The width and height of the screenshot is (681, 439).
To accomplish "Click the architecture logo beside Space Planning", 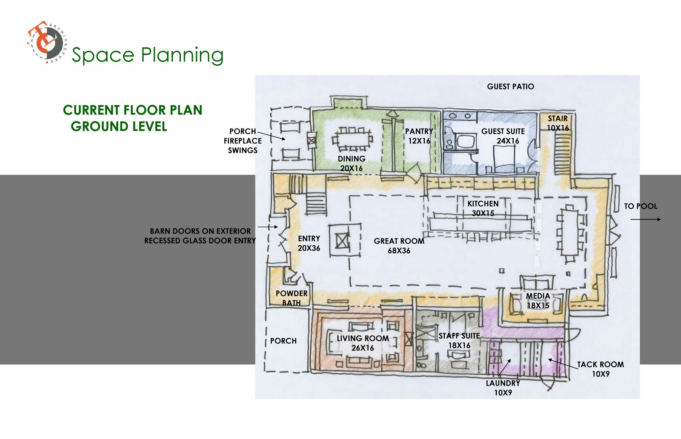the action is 47,42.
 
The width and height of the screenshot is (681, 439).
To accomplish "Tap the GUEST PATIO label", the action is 510,87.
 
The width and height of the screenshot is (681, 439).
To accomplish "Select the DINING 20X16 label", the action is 352,163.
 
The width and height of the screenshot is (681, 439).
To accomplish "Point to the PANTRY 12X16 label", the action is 419,136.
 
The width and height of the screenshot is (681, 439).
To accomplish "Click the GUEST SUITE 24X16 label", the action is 503,136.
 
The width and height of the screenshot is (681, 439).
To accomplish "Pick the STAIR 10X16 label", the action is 558,123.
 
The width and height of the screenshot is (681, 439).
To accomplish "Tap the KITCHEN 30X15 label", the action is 483,208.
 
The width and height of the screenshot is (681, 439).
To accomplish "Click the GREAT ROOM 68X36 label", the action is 399,246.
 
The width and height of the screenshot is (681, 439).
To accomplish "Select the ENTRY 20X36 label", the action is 309,243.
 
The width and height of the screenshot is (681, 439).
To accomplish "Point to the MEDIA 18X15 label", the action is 538,301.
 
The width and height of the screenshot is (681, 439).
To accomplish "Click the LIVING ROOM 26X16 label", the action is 363,343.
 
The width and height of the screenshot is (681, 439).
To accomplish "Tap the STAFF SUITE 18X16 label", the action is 459,341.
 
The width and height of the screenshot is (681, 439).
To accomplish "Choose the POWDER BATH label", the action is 292,298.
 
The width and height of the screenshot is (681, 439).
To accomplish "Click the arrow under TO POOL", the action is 645,219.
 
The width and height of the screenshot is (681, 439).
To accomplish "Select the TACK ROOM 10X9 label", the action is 601,369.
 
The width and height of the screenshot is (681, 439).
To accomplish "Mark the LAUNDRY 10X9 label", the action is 503,388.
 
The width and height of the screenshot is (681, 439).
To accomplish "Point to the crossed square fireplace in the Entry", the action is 343,242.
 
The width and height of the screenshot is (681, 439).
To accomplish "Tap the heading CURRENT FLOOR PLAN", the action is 132,110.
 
